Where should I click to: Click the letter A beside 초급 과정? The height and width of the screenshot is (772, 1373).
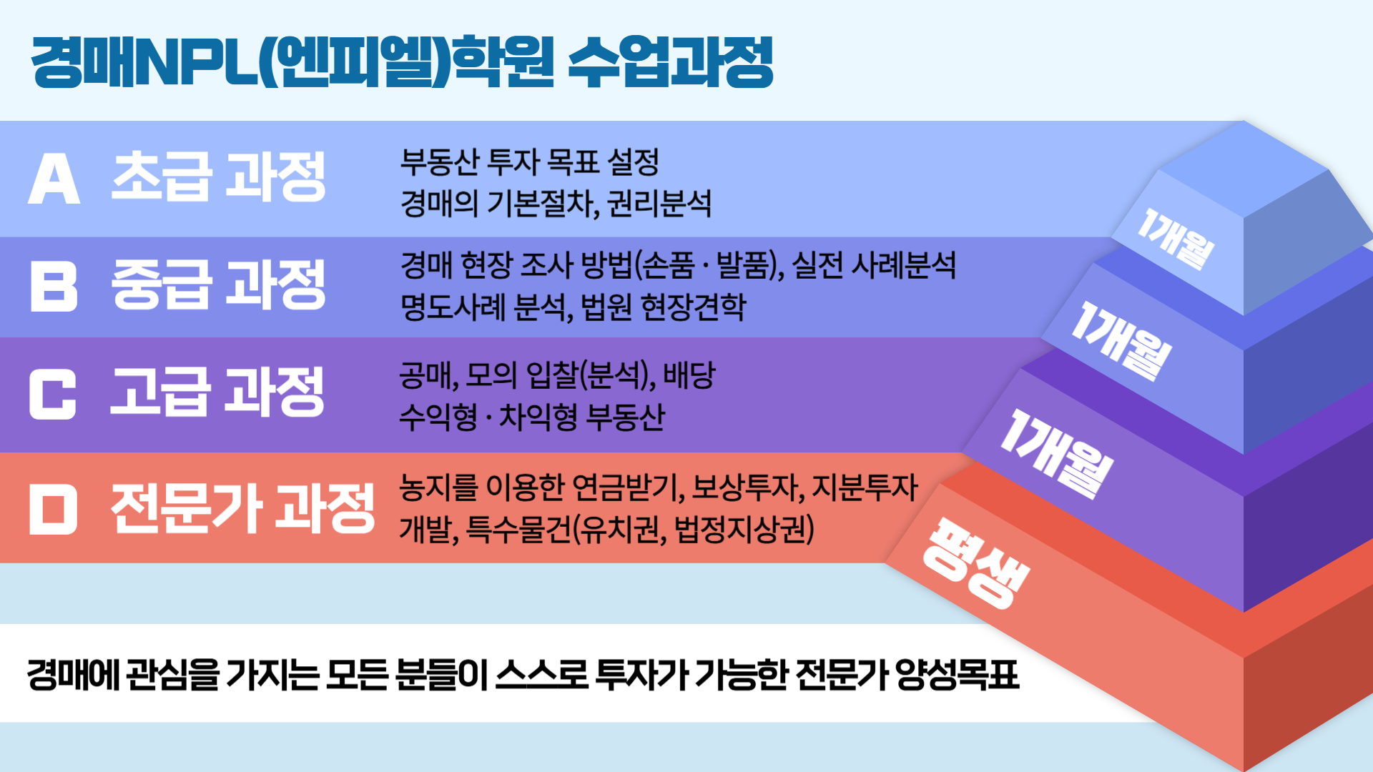[54, 178]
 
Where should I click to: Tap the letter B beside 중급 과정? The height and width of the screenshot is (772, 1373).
[54, 286]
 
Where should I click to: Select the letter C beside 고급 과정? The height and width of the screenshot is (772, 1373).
[53, 394]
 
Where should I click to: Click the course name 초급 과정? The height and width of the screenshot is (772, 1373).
[219, 177]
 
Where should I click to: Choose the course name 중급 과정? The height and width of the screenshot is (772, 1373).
[219, 284]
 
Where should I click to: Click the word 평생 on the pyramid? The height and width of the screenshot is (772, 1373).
[976, 563]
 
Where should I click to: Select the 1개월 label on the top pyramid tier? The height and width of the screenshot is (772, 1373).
[1176, 239]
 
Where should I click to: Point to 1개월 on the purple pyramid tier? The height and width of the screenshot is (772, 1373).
[1056, 455]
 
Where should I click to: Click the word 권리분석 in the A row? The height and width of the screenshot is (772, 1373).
[659, 204]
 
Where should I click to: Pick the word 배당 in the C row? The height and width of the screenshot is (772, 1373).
[689, 375]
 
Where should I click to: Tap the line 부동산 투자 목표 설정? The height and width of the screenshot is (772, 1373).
[529, 162]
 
